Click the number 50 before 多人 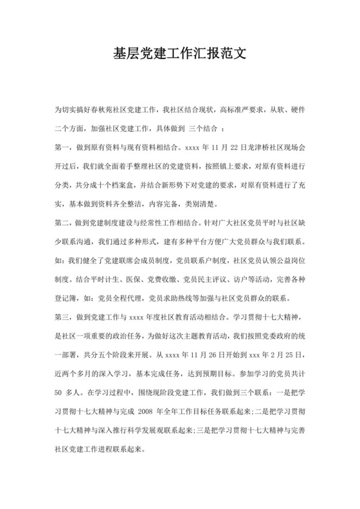click(60, 391)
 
